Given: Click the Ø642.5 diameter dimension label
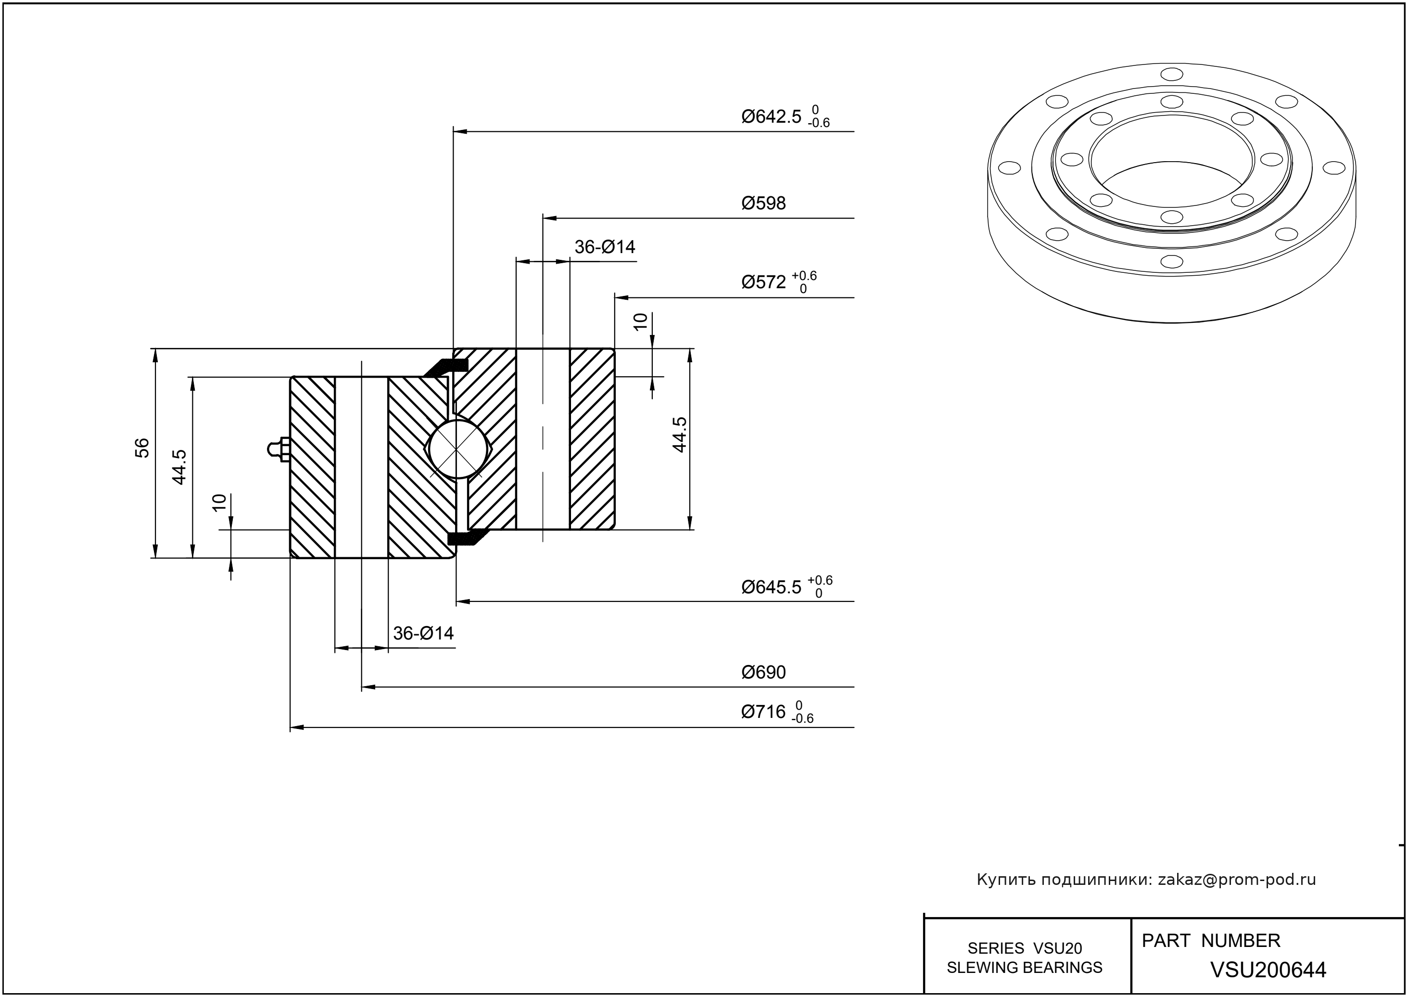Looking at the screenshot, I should [771, 116].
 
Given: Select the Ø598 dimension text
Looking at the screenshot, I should [763, 203].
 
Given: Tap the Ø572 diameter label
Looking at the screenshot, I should [763, 282].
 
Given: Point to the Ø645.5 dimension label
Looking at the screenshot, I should [771, 588].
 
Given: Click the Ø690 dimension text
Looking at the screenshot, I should [763, 672].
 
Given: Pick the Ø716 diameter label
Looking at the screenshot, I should [763, 712].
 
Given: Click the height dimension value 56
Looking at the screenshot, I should [142, 447].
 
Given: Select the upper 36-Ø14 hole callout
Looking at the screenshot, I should [605, 247].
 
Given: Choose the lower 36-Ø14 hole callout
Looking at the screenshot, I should [423, 633].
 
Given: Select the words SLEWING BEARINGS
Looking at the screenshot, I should [1025, 968].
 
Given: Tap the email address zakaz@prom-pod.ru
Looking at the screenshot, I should [1236, 880].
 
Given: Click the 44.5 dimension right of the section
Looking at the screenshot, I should [679, 435].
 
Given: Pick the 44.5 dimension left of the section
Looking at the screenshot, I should [178, 467].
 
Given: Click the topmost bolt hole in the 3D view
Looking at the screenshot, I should [1172, 74].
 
